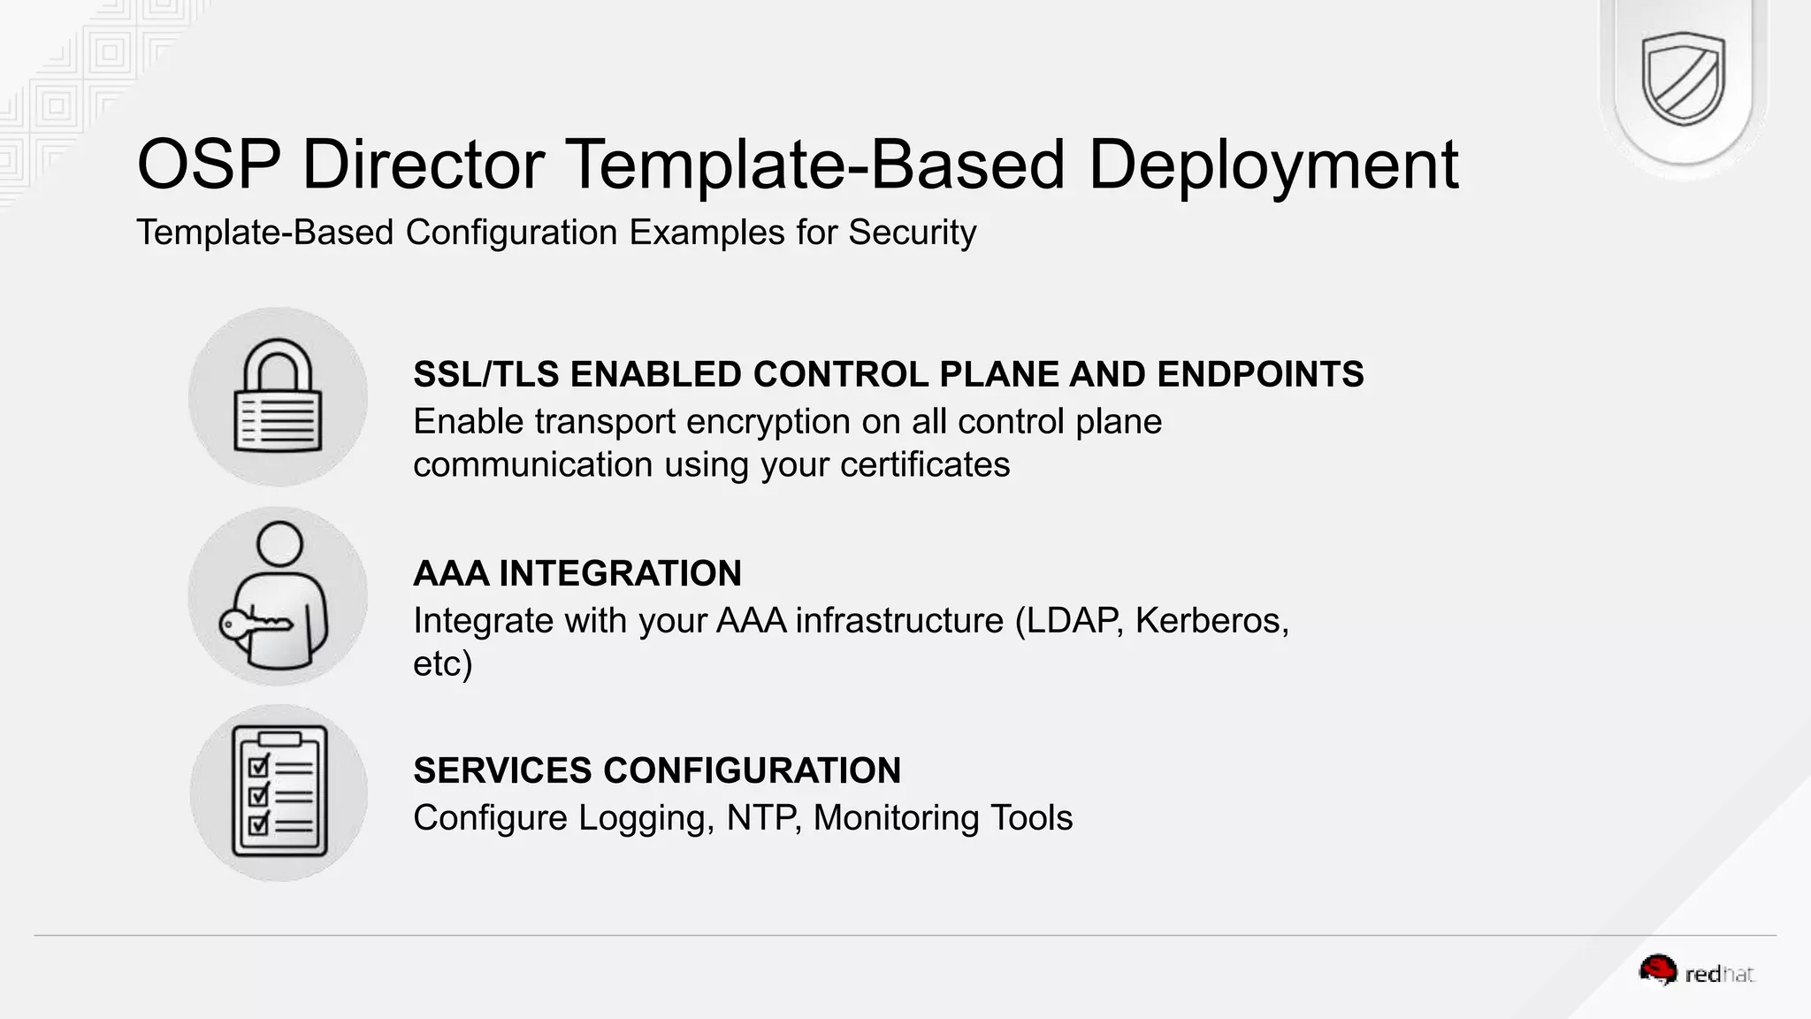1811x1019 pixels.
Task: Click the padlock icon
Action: click(278, 396)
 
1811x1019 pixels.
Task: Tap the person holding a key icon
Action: click(279, 595)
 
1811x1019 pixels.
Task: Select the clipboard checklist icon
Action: click(279, 793)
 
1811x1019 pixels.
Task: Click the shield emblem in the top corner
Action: click(1683, 79)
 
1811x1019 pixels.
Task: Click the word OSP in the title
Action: click(209, 165)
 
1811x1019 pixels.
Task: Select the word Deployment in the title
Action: click(1272, 165)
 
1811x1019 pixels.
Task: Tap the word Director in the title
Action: click(423, 165)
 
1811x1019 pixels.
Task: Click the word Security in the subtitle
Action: click(912, 233)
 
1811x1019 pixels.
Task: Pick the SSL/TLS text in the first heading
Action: click(485, 375)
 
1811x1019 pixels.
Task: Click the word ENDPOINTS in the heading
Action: click(1260, 375)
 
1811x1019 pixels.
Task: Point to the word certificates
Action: click(924, 465)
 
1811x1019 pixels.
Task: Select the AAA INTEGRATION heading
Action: click(577, 573)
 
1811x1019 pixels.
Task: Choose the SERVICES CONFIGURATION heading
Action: click(656, 770)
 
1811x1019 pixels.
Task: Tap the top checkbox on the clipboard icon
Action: click(259, 765)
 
